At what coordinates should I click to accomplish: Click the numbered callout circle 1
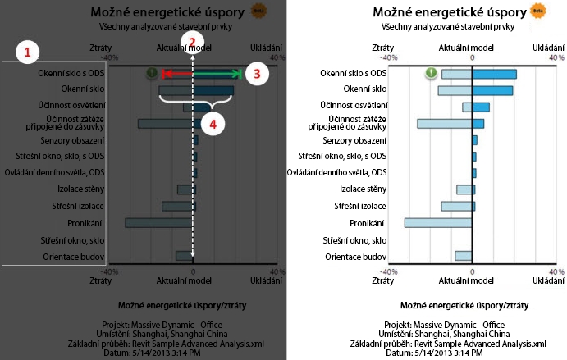[28, 52]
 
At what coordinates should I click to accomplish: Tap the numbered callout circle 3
[257, 74]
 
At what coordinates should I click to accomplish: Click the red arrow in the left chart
[176, 74]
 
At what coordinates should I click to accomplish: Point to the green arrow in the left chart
[219, 74]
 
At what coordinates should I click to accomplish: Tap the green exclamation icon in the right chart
[431, 74]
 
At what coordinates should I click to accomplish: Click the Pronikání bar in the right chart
[438, 223]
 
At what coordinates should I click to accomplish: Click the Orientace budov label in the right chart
[357, 257]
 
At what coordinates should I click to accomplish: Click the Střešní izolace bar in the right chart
[456, 206]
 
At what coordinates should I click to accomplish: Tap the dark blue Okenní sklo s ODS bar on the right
[494, 74]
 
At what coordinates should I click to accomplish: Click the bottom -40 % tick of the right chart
[390, 271]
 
